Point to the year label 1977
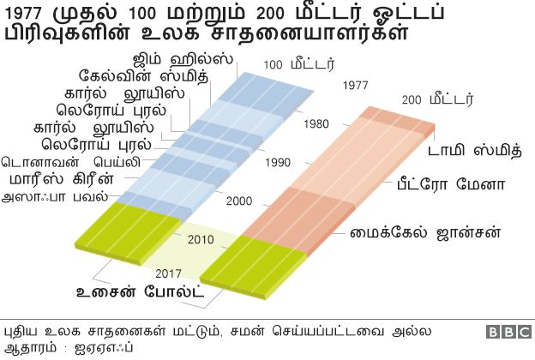(x=355, y=86)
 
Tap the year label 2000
(x=240, y=201)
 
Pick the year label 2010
(x=201, y=238)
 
